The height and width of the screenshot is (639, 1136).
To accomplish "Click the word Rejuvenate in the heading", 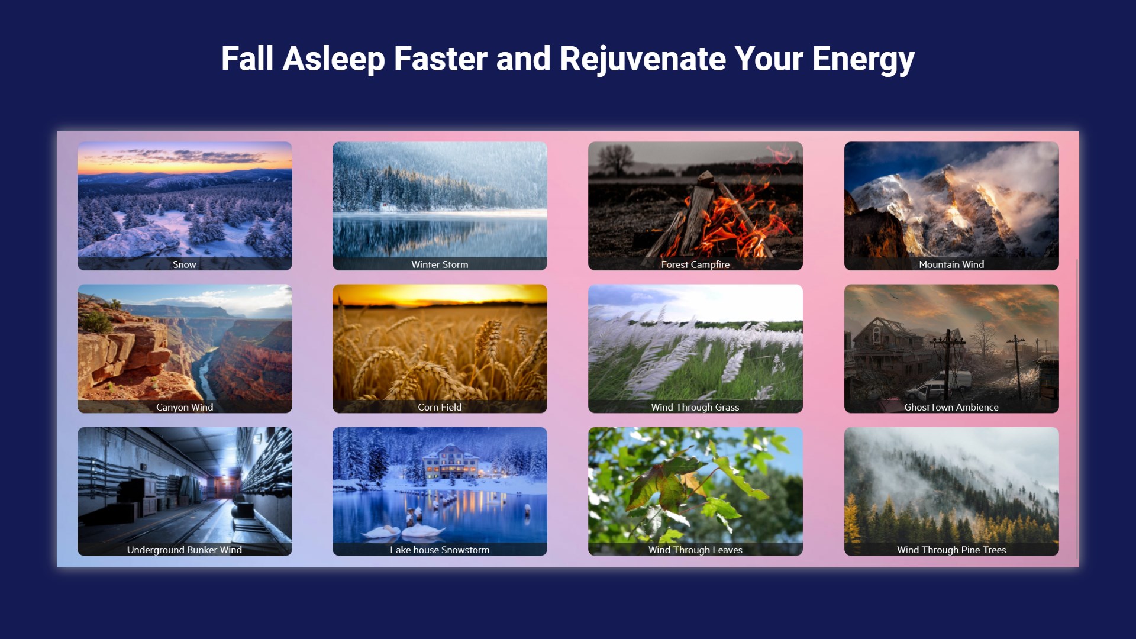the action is click(x=643, y=59).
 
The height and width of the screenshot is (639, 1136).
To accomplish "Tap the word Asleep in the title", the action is click(x=334, y=59).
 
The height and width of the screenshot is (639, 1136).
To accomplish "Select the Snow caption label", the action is click(x=184, y=264).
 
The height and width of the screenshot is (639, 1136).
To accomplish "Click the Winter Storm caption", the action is click(x=440, y=264).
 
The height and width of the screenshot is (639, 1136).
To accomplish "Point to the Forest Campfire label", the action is click(x=695, y=264).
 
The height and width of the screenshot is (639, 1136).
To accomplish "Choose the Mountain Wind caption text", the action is click(x=951, y=264).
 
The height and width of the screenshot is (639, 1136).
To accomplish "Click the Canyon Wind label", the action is click(x=185, y=407).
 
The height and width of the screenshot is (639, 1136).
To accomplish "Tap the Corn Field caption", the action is click(x=440, y=407).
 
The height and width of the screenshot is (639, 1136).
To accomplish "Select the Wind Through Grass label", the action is click(x=695, y=407).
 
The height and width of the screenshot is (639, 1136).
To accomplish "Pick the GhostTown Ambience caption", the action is click(x=951, y=407).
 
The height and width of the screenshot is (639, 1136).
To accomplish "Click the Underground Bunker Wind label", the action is click(x=185, y=550).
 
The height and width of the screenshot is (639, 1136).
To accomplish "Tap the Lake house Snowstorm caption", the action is click(x=440, y=550).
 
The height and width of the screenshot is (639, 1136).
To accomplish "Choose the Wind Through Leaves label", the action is click(x=695, y=550).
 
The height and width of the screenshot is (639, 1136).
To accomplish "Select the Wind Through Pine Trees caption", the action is click(x=951, y=550).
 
